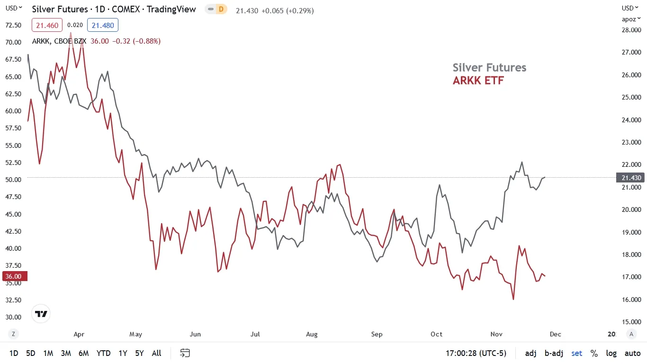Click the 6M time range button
click(83, 353)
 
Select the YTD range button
click(103, 353)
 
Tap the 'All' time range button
click(156, 353)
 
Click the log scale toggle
click(611, 353)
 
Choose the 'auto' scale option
click(632, 353)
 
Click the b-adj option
click(554, 353)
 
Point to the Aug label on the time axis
click(312, 334)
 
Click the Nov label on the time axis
click(496, 334)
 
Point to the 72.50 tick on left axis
click(13, 25)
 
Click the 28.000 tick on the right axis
click(632, 30)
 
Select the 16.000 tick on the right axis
click(632, 300)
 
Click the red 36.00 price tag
click(13, 276)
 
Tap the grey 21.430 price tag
click(630, 178)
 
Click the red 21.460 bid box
click(47, 25)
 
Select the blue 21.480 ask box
click(105, 25)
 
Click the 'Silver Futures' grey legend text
click(489, 68)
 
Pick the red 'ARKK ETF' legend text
click(478, 81)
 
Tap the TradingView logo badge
click(41, 314)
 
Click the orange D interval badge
click(221, 9)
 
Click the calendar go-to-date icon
click(185, 353)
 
